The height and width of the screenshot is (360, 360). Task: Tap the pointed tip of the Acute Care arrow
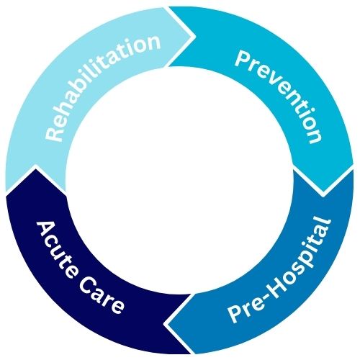point(35,168)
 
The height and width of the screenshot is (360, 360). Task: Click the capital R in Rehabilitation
point(53,134)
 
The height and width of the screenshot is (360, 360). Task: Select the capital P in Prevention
point(242,58)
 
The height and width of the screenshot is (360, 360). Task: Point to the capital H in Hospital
point(279,285)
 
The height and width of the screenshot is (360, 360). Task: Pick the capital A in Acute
point(45,230)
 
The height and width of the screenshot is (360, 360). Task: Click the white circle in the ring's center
point(179,181)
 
